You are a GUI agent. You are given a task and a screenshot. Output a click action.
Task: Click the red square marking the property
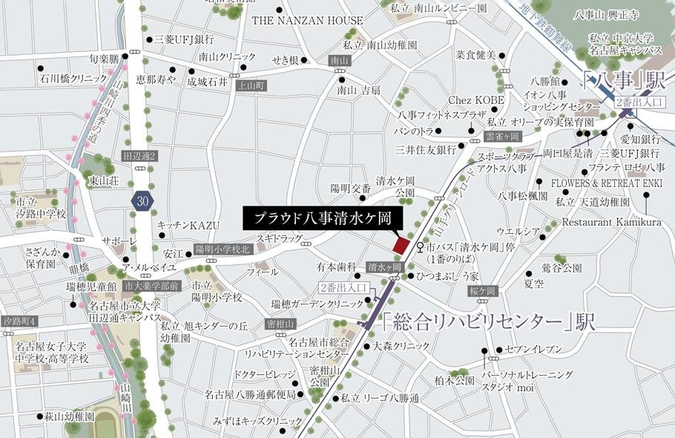tap(401, 245)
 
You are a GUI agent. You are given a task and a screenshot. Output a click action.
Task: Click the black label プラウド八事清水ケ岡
tap(323, 219)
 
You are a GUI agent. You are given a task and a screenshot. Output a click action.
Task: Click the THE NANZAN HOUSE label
tap(307, 21)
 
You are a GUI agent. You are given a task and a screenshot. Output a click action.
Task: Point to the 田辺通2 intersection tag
tap(139, 157)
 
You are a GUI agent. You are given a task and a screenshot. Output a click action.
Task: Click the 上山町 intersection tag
tap(250, 85)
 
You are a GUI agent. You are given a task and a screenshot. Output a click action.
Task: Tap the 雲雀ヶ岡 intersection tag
tap(504, 137)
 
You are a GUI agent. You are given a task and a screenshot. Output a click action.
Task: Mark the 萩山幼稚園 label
tap(68, 417)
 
